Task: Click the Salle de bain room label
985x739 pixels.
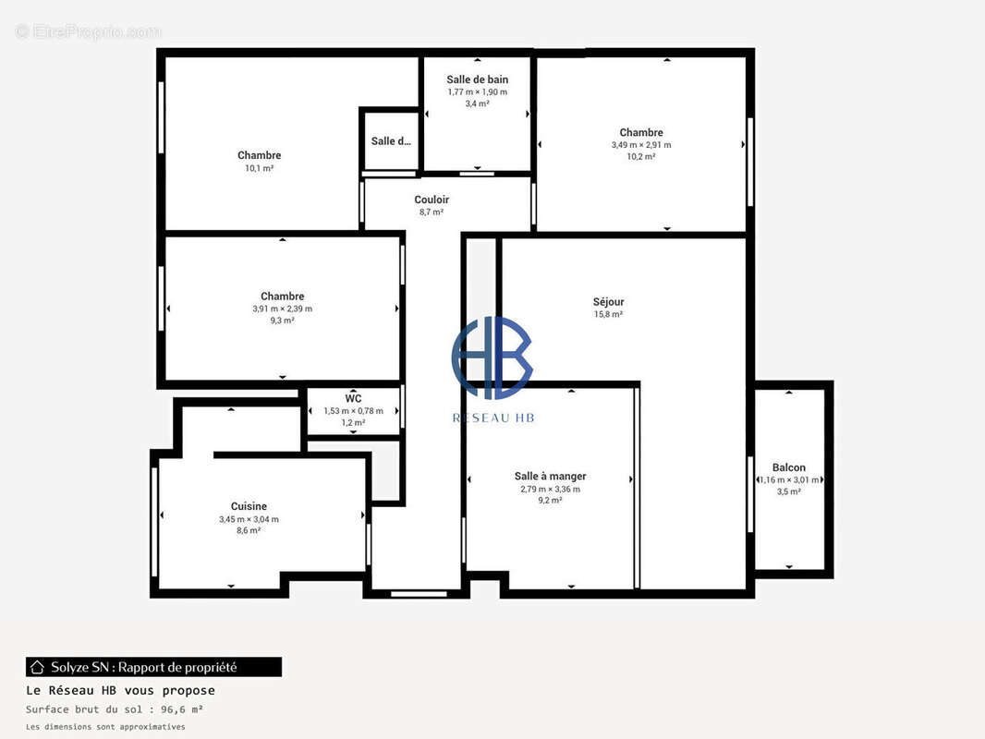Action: point(477,79)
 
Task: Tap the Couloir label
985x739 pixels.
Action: point(432,200)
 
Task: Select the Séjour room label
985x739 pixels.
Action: point(608,302)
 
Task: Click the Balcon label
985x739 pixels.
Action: point(788,467)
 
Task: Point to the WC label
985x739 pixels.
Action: point(353,399)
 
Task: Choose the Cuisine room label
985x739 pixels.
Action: point(249,506)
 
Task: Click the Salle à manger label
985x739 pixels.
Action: point(550,477)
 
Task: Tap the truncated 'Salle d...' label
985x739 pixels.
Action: point(391,141)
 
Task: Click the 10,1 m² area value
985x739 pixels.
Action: point(259,168)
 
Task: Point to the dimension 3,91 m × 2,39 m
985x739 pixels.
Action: point(282,309)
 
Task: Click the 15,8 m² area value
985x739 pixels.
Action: point(608,315)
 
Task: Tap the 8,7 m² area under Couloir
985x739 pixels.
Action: point(432,212)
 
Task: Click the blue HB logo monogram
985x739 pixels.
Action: point(492,357)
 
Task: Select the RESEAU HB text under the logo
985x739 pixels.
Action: point(492,418)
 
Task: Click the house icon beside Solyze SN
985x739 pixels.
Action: point(38,667)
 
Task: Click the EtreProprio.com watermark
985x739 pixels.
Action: point(88,32)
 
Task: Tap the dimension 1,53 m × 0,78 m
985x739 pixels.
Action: point(353,411)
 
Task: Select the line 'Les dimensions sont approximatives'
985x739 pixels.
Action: point(105,727)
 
